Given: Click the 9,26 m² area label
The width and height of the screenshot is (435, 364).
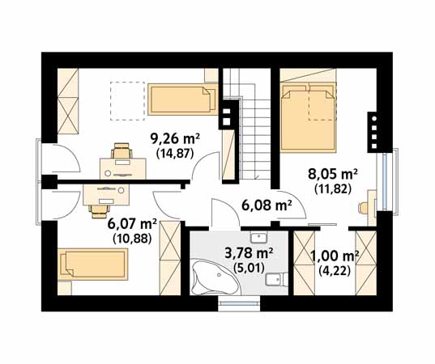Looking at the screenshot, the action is click(175, 139).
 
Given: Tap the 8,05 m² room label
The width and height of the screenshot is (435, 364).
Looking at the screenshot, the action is click(333, 175).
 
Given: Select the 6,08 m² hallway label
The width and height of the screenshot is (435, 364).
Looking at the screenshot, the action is click(267, 205).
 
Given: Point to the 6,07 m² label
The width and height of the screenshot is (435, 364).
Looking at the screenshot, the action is click(133, 225).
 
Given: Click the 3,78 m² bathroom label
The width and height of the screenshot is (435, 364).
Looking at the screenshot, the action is click(249, 253).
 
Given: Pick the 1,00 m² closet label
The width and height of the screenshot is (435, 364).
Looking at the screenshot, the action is click(335, 256).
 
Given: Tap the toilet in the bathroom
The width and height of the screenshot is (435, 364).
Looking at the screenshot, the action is click(276, 279).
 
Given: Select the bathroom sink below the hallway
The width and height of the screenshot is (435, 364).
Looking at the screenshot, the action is click(258, 237).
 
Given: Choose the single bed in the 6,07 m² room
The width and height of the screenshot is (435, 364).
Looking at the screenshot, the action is click(93, 265).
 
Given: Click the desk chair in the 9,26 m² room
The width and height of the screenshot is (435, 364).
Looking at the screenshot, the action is click(122, 150).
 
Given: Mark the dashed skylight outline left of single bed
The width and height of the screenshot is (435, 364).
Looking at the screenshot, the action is click(127, 101).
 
